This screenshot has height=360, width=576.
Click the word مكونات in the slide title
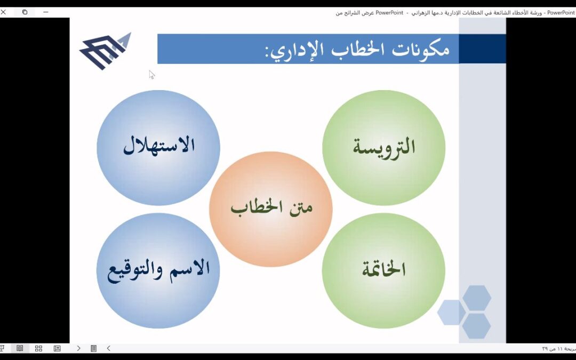(421, 49)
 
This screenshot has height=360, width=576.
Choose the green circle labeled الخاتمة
(384, 269)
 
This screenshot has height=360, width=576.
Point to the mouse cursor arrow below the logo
(151, 74)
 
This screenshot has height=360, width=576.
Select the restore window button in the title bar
(25, 12)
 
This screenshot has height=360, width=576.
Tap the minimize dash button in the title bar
(46, 12)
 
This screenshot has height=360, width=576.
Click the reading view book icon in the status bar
(20, 348)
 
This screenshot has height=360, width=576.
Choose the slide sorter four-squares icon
(38, 348)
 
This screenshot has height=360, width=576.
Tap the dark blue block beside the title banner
(482, 49)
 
